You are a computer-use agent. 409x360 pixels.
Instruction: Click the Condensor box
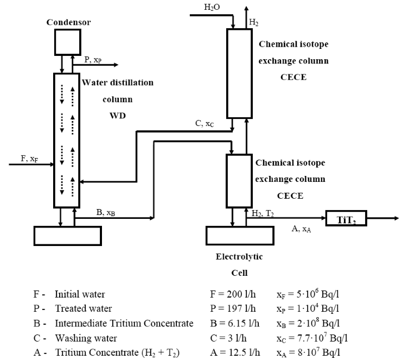pos(68,42)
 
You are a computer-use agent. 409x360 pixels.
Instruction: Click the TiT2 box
pos(345,218)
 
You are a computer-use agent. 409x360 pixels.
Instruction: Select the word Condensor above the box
pos(68,22)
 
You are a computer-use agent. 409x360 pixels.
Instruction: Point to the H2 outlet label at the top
pos(254,22)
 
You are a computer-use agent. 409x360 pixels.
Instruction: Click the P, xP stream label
pos(92,60)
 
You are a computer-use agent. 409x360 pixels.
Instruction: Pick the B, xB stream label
pos(106,213)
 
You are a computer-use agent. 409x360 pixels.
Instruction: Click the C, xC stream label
pos(204,124)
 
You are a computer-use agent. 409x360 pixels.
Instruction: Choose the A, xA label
pos(302,230)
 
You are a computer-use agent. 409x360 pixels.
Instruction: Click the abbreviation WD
pos(118,116)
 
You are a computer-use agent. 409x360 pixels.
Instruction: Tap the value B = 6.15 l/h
pos(237,324)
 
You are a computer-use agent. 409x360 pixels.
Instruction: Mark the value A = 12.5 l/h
pos(237,352)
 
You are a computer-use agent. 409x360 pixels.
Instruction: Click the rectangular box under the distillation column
pos(67,235)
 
